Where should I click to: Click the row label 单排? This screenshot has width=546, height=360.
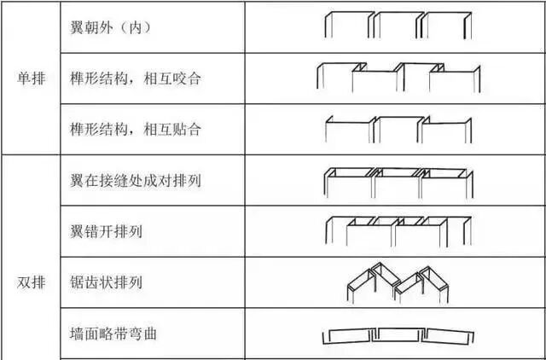(32, 78)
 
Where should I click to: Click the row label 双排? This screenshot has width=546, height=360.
(32, 282)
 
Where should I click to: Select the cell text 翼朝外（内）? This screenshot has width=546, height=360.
(111, 27)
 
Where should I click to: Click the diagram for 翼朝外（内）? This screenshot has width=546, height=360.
(396, 25)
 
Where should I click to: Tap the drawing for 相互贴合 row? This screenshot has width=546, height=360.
(396, 131)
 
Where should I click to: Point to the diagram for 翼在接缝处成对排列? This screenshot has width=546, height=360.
(396, 182)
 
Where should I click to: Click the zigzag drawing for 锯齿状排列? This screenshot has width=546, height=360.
(397, 282)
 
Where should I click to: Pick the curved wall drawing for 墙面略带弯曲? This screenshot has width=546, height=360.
(396, 334)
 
